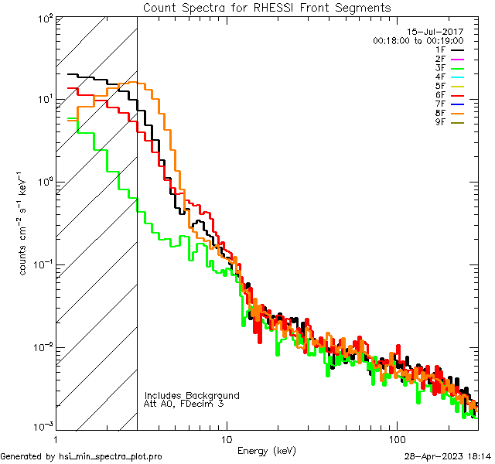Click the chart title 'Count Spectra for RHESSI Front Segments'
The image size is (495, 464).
point(267,7)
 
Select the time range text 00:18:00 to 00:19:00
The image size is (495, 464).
point(418,40)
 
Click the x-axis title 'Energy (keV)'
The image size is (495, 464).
point(267,451)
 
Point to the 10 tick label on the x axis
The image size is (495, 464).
point(226,438)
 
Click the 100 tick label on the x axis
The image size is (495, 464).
point(396,438)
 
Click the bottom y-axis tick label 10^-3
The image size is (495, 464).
point(43,426)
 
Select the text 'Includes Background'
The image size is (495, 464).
point(192,395)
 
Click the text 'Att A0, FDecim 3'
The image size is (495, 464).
point(184,404)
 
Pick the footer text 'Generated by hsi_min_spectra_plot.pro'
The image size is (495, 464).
point(81,457)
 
